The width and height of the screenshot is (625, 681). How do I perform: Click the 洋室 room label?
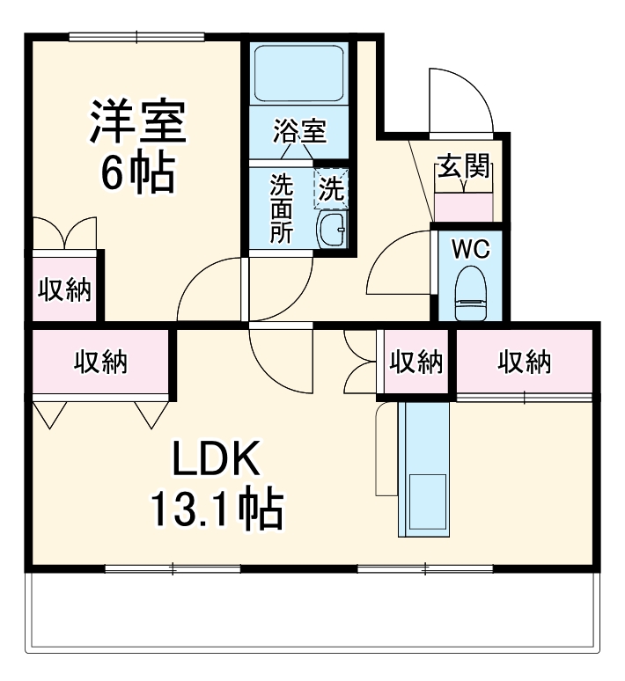(136, 123)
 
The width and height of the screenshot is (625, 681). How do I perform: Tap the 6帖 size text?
(136, 173)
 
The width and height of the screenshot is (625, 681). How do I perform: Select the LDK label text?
(215, 458)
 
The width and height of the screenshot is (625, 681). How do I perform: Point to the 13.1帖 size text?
(216, 509)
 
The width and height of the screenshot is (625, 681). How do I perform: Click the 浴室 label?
(298, 133)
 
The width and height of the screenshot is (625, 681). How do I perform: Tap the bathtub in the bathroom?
(298, 74)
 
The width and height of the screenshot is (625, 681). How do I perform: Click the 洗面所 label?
(280, 209)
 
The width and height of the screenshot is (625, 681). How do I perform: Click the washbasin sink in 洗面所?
(332, 231)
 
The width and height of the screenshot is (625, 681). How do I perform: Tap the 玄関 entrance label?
(464, 166)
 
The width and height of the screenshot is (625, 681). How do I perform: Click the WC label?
(470, 249)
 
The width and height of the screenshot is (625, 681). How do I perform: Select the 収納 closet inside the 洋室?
(64, 289)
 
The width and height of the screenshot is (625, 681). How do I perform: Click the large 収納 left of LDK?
(99, 361)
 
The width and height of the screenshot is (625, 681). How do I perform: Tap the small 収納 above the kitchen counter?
(415, 361)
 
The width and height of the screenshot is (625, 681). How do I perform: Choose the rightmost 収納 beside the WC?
(525, 361)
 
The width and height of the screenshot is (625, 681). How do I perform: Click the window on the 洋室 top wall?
(136, 37)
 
